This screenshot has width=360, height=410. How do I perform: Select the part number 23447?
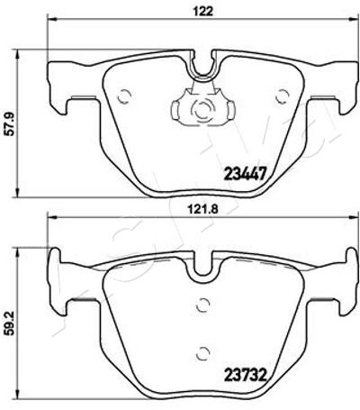coord(245,174)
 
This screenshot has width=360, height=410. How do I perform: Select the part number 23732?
coord(245,375)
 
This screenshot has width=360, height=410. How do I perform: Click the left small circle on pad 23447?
coord(124,96)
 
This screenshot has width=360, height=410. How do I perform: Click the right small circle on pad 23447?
coord(283,96)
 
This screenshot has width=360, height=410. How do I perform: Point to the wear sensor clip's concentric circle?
coord(202,109)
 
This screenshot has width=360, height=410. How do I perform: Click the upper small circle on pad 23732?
coord(203,305)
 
